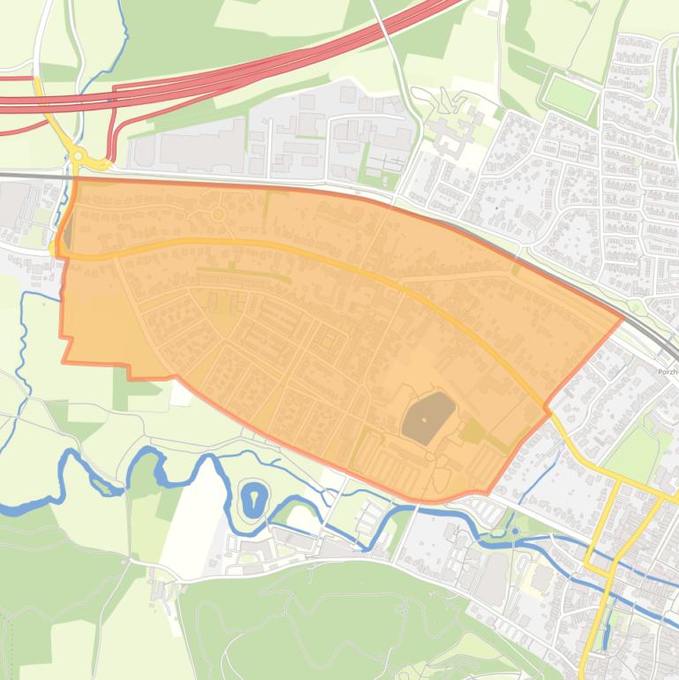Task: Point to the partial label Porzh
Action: pos(667,372)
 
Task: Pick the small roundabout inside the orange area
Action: pos(217,215)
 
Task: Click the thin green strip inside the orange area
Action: pos(243,272)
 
